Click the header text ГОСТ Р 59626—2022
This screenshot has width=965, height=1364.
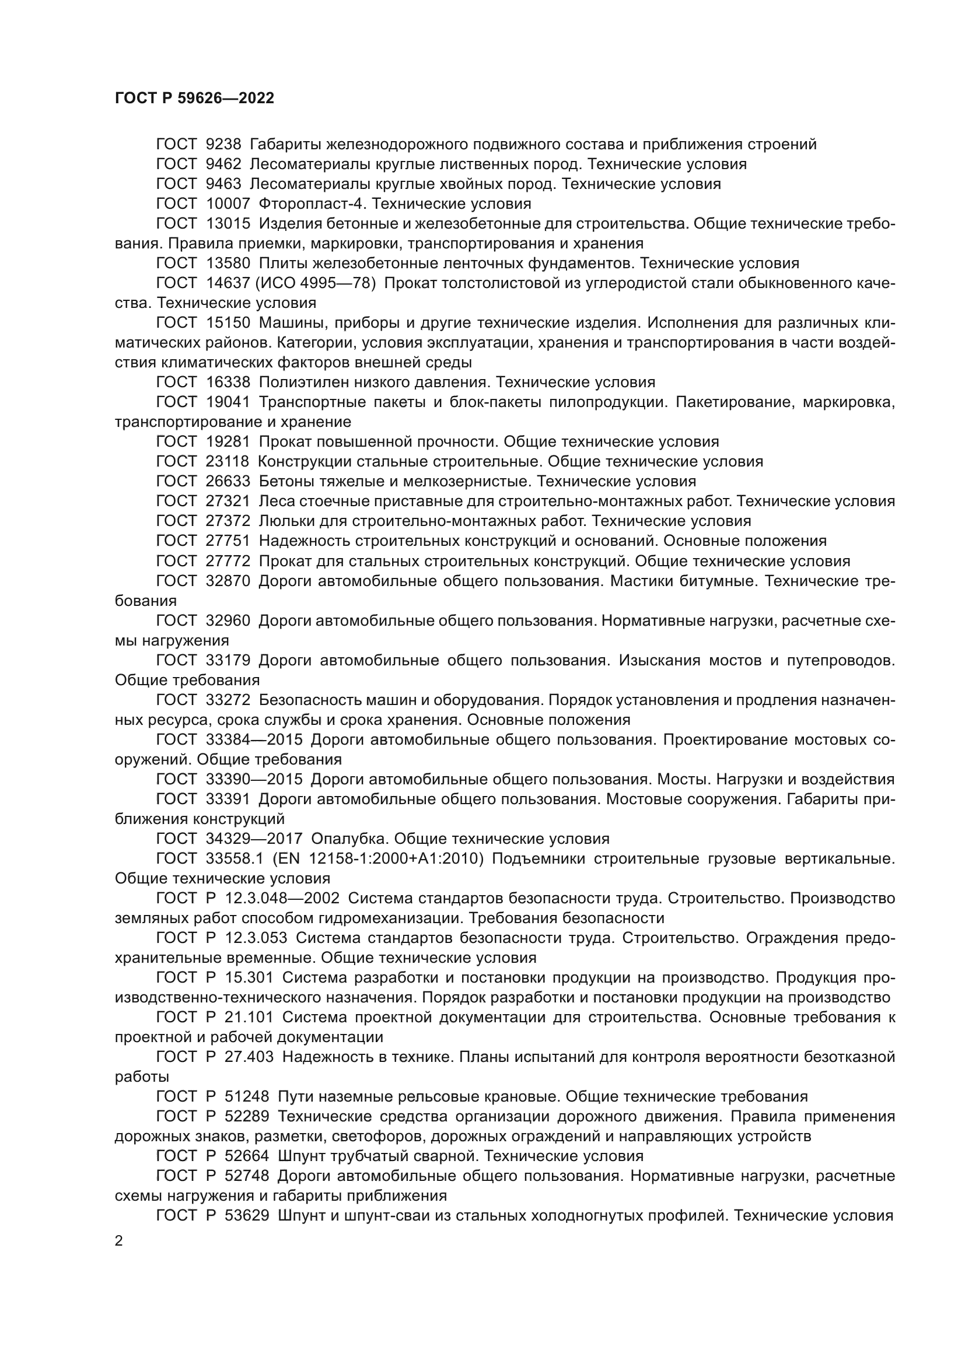tap(194, 99)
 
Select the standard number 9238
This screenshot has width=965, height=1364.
tap(223, 145)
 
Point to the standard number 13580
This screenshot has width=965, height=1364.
tap(228, 263)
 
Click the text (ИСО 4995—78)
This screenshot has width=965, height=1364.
tap(316, 283)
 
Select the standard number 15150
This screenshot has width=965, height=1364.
tap(228, 323)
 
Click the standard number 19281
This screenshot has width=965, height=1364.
tap(228, 442)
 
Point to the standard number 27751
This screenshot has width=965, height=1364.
tap(228, 541)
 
